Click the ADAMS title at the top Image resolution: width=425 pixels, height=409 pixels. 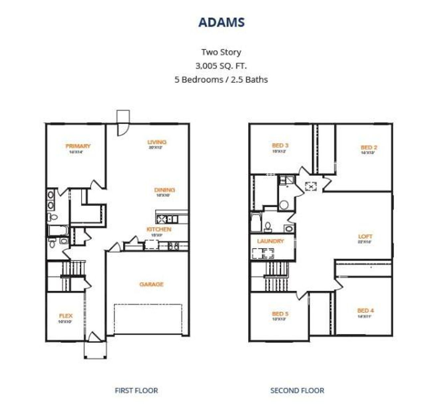221,22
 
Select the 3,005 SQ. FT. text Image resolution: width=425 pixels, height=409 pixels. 221,66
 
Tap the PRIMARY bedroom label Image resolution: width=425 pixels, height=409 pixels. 78,146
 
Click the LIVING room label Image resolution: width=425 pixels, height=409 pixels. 157,142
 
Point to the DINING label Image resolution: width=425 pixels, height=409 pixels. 164,190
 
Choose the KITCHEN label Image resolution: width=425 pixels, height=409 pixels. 159,229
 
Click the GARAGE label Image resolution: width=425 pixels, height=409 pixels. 151,285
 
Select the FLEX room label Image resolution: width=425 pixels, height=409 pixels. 65,316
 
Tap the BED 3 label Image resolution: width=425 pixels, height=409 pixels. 280,145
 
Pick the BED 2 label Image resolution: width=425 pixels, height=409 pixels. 369,148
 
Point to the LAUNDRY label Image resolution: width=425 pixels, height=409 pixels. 270,241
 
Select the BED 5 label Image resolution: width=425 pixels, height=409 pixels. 280,314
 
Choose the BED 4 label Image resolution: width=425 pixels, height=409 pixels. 365,311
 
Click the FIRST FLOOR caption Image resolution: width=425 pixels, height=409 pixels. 136,391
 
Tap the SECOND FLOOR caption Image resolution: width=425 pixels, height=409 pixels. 297,391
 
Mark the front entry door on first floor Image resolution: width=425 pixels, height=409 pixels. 95,337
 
